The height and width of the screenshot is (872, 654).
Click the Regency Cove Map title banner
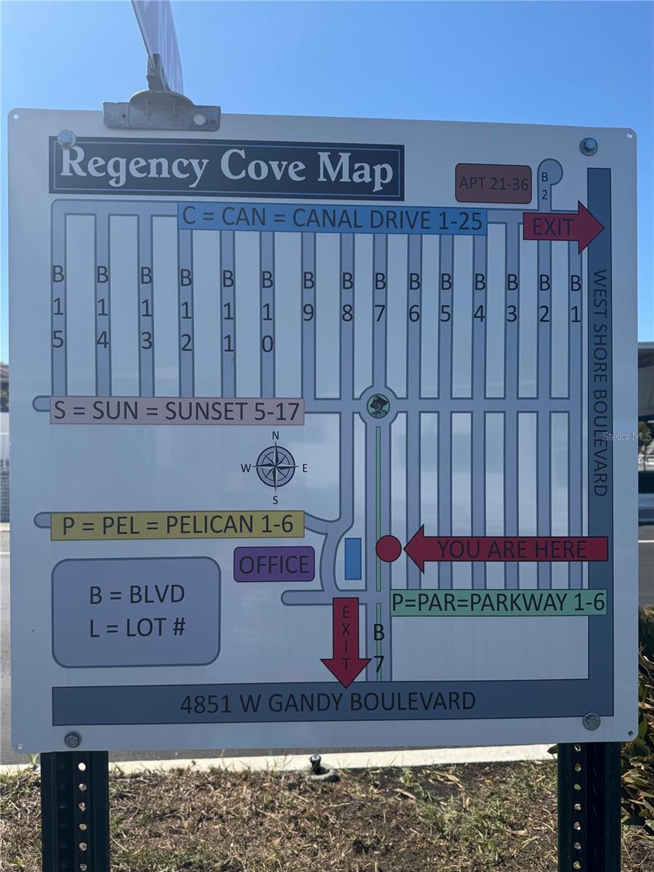[x=226, y=168]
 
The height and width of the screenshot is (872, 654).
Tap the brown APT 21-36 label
[x=493, y=183]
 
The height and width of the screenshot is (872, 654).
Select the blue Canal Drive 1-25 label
[x=332, y=218]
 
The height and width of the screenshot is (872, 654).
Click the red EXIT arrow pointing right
[x=562, y=227]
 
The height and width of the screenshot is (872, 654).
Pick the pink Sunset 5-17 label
[x=177, y=411]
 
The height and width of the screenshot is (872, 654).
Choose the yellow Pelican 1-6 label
[x=177, y=525]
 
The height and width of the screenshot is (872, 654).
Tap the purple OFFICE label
[x=274, y=565]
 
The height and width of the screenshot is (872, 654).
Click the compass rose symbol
[x=275, y=467]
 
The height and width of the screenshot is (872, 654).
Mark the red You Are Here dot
[x=388, y=549]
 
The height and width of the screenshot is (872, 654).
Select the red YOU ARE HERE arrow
[x=506, y=549]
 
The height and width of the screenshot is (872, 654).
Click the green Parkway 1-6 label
[x=498, y=602]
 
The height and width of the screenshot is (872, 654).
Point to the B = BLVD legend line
[x=137, y=594]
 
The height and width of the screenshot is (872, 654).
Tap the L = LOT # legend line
[x=137, y=627]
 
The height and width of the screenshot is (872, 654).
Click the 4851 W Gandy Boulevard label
[x=328, y=702]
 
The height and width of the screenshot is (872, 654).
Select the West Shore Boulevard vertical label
[x=599, y=382]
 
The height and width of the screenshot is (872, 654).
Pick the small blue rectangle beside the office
[x=352, y=559]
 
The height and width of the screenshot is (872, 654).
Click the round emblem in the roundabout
[x=378, y=405]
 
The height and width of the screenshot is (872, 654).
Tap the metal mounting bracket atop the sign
[x=161, y=113]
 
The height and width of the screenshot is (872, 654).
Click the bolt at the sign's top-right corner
[x=588, y=146]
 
